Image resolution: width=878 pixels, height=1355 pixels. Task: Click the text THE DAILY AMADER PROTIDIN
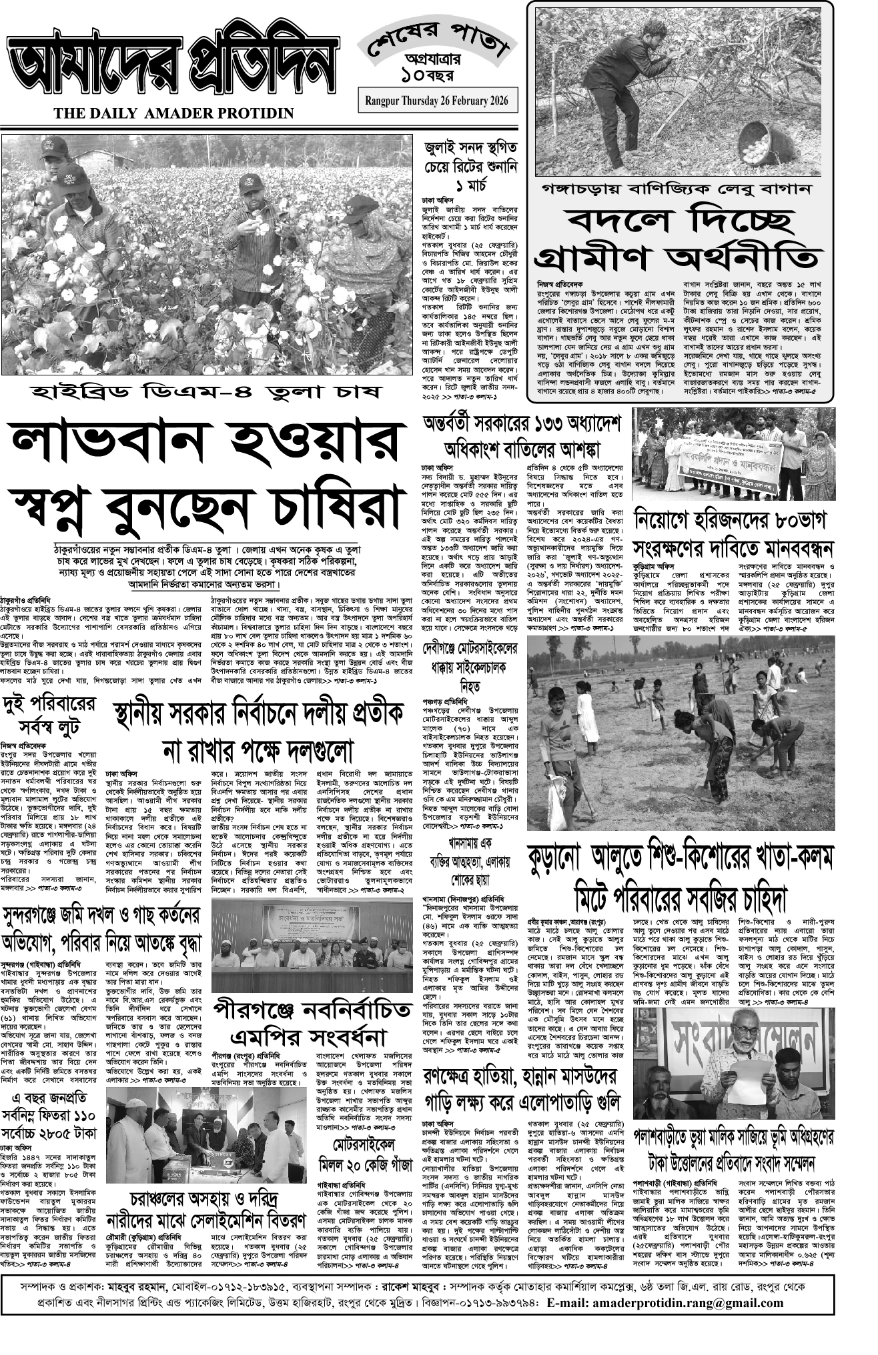coord(174,113)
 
